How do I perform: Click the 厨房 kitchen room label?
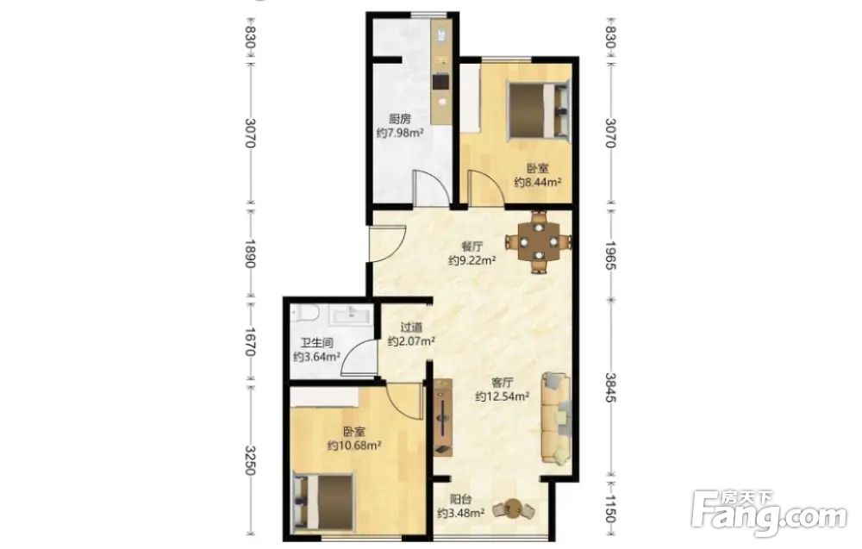[x=400, y=119]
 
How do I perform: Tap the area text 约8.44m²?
[x=538, y=182]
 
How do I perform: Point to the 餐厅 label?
[x=472, y=246]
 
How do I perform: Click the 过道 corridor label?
[x=411, y=328]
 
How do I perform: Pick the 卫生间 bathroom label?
[x=316, y=343]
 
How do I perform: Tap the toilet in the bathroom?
[x=305, y=315]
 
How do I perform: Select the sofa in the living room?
[x=556, y=419]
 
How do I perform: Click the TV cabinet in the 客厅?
[x=442, y=418]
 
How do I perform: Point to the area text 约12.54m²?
[x=502, y=396]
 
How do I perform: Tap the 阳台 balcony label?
[x=460, y=500]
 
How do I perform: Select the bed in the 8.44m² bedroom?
[x=538, y=109]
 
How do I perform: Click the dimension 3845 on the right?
[x=611, y=387]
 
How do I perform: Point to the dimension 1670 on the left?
[x=250, y=341]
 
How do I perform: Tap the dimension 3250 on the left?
[x=250, y=460]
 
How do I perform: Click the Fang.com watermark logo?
[x=769, y=515]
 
